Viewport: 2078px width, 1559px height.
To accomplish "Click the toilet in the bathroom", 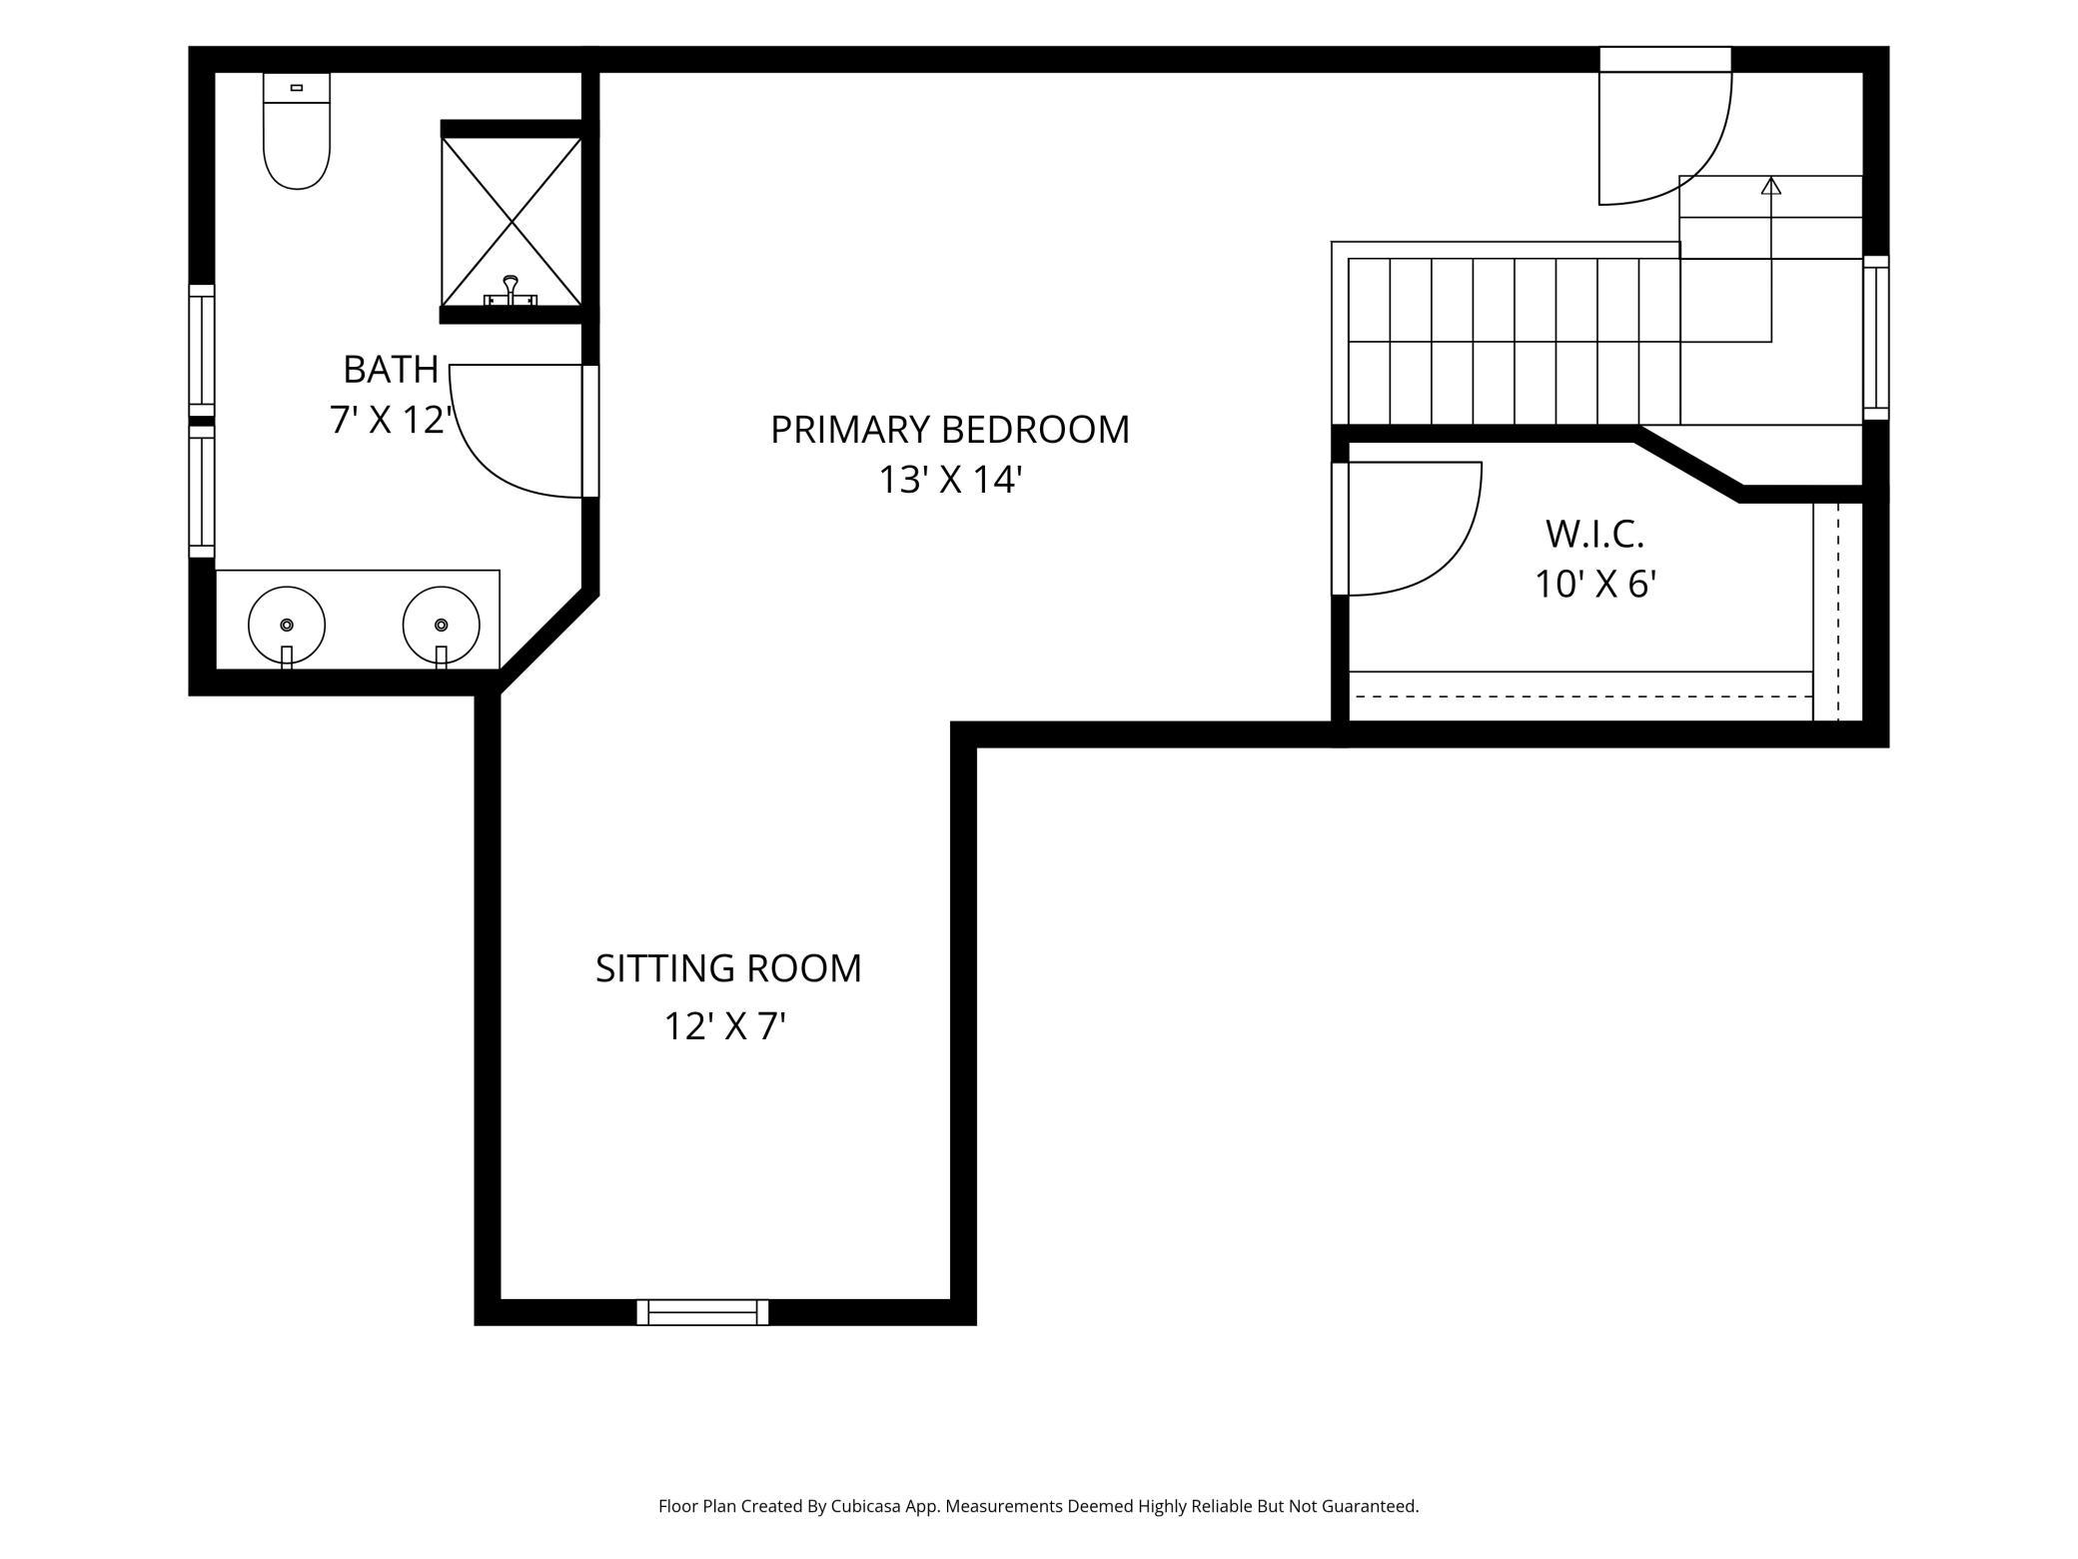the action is (297, 130).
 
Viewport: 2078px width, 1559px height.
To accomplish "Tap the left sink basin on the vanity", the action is (287, 625).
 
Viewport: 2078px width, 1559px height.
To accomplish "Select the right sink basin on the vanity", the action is (442, 625).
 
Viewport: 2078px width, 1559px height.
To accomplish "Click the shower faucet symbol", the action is (511, 292).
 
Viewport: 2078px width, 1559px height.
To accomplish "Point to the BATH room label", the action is (391, 369).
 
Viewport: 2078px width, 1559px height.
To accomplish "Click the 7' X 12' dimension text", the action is (391, 420).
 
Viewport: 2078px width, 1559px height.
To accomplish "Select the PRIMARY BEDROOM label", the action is (950, 430).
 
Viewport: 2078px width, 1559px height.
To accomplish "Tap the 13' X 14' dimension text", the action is (950, 480).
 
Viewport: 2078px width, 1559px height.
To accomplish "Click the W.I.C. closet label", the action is (1594, 534).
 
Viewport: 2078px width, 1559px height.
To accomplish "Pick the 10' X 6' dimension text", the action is (1595, 584).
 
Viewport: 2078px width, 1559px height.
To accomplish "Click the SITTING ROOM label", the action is (728, 968).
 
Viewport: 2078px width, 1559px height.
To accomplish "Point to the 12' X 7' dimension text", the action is (726, 1026).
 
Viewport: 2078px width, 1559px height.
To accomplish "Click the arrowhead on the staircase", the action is (1771, 185).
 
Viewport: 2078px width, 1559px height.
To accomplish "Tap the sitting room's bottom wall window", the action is (702, 1312).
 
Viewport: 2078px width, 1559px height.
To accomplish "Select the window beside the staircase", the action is (1876, 337).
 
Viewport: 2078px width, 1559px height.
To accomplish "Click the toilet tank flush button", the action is (297, 88).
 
